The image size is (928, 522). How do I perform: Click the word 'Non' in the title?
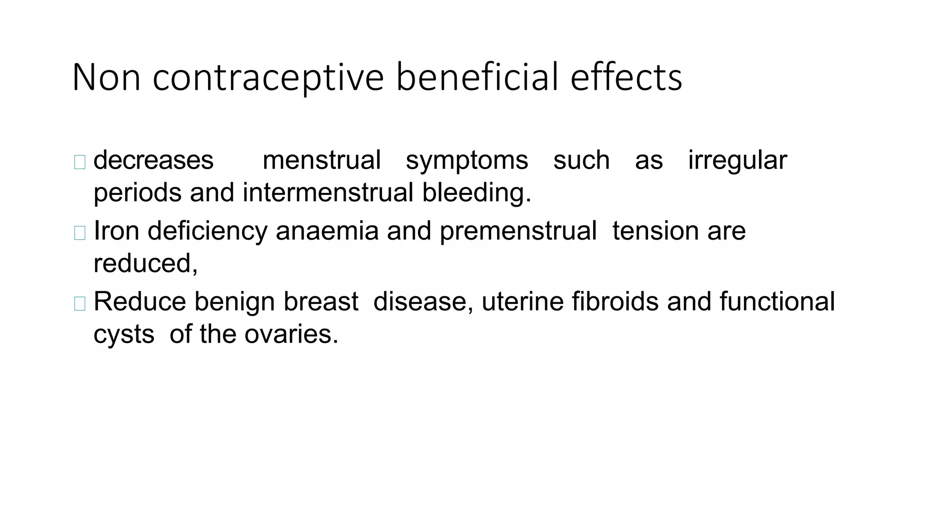[106, 78]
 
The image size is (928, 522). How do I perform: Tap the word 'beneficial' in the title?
[477, 78]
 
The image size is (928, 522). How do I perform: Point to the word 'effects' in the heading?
[626, 78]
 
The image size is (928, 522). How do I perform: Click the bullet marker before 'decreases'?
[80, 162]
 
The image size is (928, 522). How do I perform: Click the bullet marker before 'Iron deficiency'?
[80, 233]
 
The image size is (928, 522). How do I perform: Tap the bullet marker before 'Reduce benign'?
[80, 304]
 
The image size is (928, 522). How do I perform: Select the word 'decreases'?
[153, 160]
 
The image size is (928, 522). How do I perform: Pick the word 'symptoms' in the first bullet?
[467, 161]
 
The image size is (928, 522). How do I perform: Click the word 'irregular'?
[737, 161]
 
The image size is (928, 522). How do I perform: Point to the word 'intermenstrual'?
[328, 193]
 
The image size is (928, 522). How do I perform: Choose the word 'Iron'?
[116, 231]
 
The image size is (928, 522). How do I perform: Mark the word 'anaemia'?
[327, 231]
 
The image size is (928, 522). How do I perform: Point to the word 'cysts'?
[124, 335]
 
